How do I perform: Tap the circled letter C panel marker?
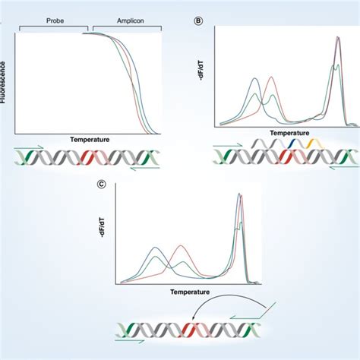point(102,183)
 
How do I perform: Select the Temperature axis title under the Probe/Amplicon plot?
point(90,141)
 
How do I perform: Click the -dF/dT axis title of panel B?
point(202,74)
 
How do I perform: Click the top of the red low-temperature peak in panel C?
point(180,246)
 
